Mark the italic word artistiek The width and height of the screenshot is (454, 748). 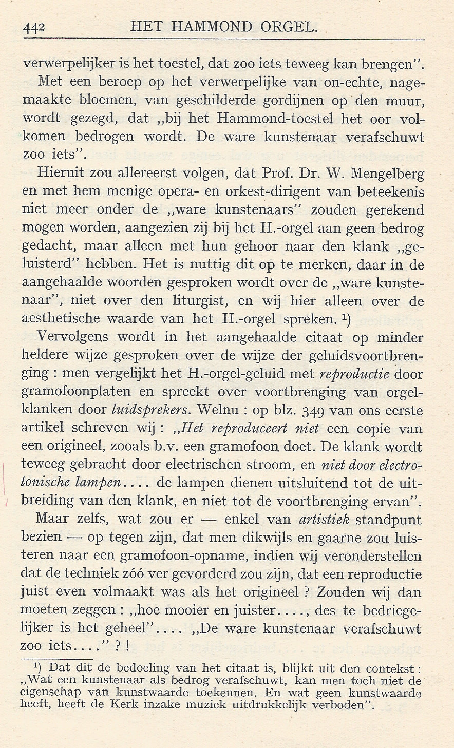(325, 519)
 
